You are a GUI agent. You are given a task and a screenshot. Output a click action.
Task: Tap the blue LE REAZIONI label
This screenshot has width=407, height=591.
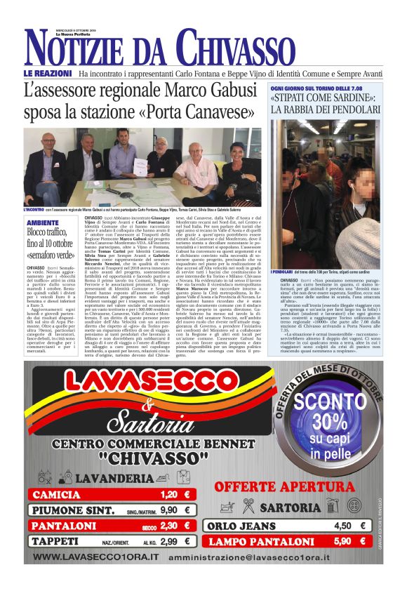[x=48, y=73]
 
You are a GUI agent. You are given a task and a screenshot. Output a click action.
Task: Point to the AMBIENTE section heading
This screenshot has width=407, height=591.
[x=43, y=223]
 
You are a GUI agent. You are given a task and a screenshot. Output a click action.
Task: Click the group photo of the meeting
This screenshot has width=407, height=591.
[x=145, y=166]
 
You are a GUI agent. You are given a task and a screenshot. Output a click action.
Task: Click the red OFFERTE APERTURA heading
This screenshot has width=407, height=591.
[x=294, y=487]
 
